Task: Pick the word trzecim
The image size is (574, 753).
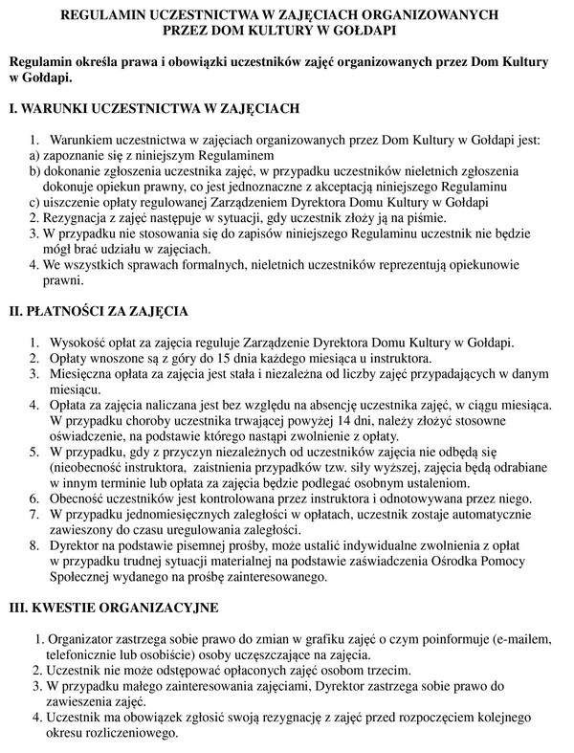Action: click(x=387, y=670)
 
